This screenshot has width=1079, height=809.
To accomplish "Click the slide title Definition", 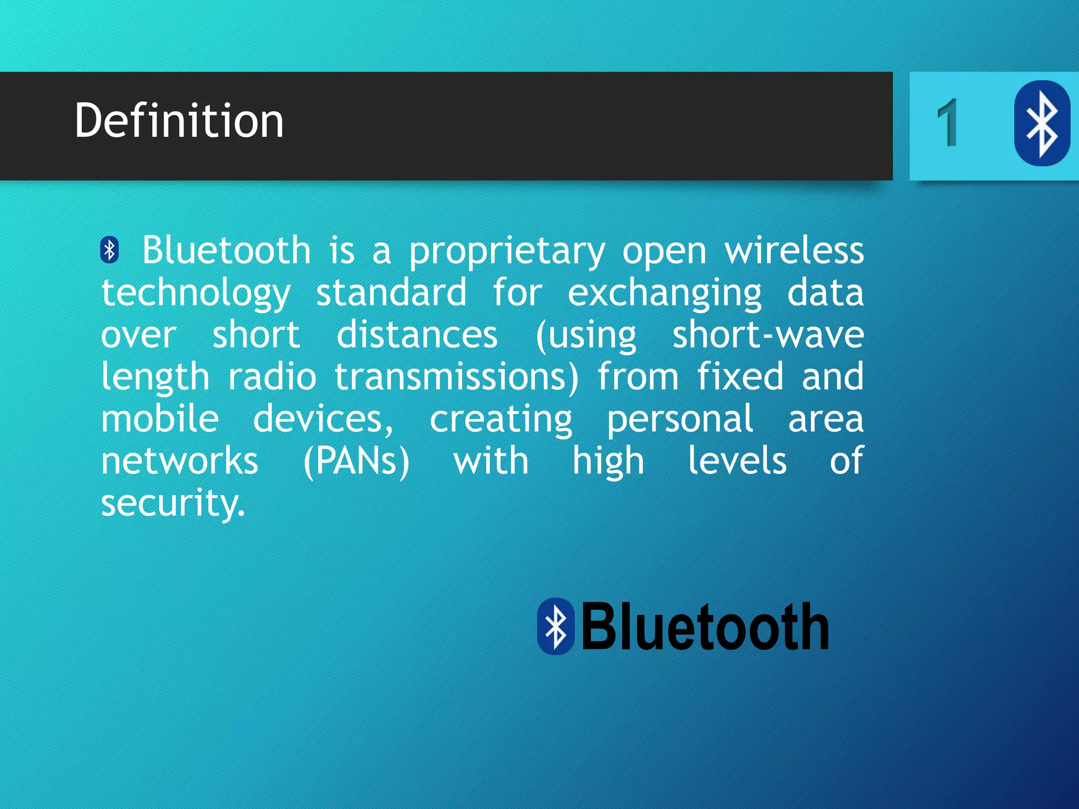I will pos(179,121).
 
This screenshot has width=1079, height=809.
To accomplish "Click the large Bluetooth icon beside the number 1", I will pos(1042,123).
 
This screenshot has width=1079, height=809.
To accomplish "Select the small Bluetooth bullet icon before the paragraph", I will pos(110,250).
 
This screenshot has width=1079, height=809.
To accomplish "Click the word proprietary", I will pos(507,252).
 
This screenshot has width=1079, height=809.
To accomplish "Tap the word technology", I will pos(195,294).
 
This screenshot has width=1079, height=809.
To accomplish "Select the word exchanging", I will pos(664,294).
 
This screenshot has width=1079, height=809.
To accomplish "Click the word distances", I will pos(417,335).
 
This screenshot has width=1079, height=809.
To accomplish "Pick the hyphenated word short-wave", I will pos(768,335).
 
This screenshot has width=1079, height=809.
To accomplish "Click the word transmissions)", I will pos(456,378).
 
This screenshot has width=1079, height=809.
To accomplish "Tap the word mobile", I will pos(160,419).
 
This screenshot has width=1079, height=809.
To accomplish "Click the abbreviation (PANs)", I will pos(356,462).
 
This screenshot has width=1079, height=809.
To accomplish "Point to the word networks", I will pos(179,461).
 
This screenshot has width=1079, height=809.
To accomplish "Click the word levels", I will pos(737,461).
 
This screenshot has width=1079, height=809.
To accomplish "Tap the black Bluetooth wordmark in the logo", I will pos(704,626).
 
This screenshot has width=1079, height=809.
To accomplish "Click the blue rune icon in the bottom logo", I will pos(555,626).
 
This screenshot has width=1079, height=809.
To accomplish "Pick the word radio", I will pos(272,377).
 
